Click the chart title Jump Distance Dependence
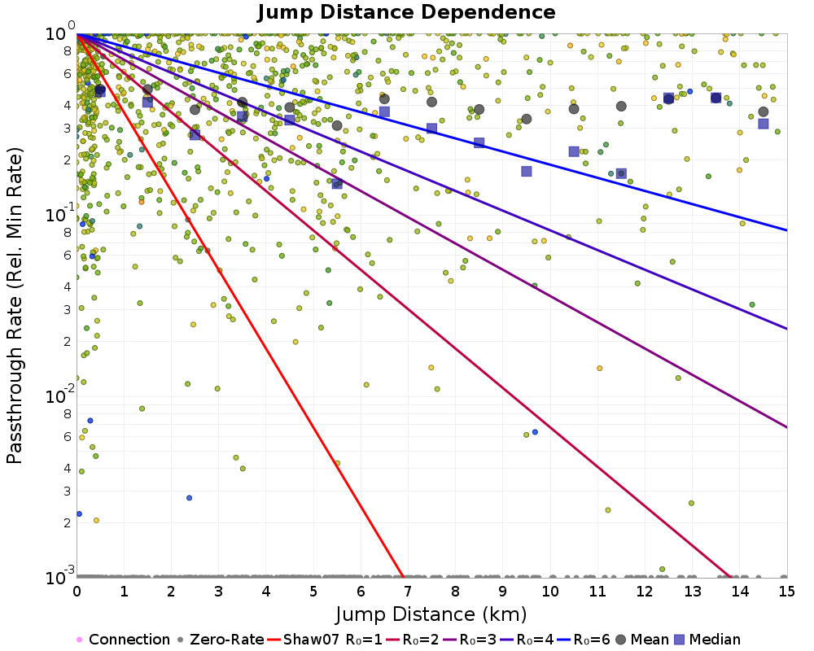[x=406, y=12]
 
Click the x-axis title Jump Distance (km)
[x=431, y=613]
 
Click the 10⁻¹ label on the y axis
[x=59, y=214]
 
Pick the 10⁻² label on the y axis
[x=59, y=395]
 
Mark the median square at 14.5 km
[x=764, y=124]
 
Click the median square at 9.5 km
[x=527, y=171]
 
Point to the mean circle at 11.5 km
[x=621, y=106]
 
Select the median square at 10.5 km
[x=574, y=151]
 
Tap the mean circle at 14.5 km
[x=764, y=111]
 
